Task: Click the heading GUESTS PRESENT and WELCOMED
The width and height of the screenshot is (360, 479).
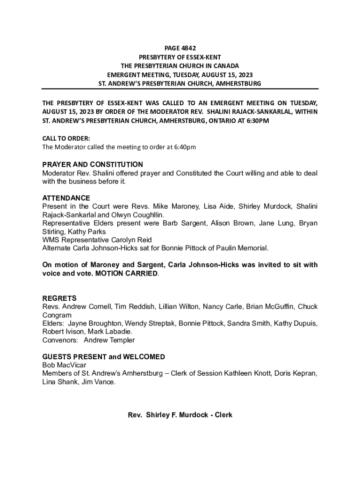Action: point(103,357)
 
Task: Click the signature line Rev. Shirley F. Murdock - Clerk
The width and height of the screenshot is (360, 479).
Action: point(180,415)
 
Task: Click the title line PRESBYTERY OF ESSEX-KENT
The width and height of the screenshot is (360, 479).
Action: point(180,57)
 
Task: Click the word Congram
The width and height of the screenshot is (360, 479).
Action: point(57,315)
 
